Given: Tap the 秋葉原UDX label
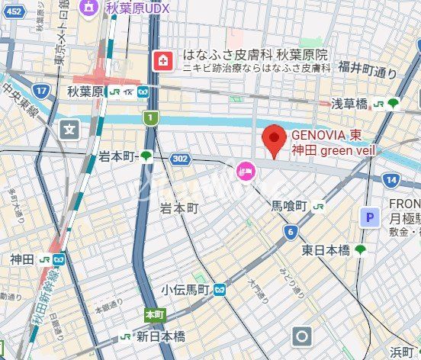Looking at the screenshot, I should click(x=137, y=8).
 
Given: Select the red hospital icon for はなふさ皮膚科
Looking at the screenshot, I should click(x=162, y=60).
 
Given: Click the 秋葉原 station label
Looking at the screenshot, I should click(x=85, y=91).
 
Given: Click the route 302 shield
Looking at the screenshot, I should click(x=180, y=159).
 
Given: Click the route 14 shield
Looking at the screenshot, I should click(x=391, y=180).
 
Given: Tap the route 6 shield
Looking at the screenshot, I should click(x=290, y=231).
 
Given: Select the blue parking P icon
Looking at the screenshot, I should click(x=370, y=217).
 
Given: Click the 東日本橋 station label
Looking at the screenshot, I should click(x=325, y=249).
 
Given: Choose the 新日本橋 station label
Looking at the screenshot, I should click(x=160, y=336).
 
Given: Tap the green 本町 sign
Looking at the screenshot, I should click(x=154, y=313).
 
